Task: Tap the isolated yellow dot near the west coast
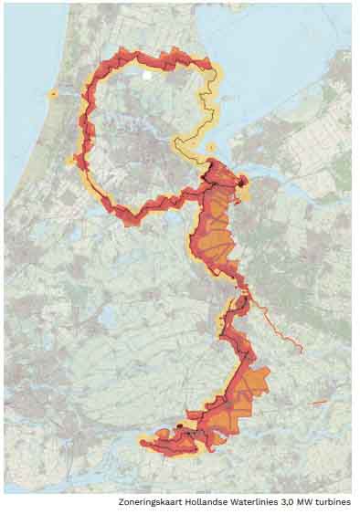pyautogui.click(x=53, y=94)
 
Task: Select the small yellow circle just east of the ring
pyautogui.click(x=211, y=146)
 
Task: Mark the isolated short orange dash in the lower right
pyautogui.click(x=319, y=402)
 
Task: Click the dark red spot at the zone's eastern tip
pyautogui.click(x=242, y=182)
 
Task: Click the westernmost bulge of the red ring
pyautogui.click(x=73, y=161)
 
